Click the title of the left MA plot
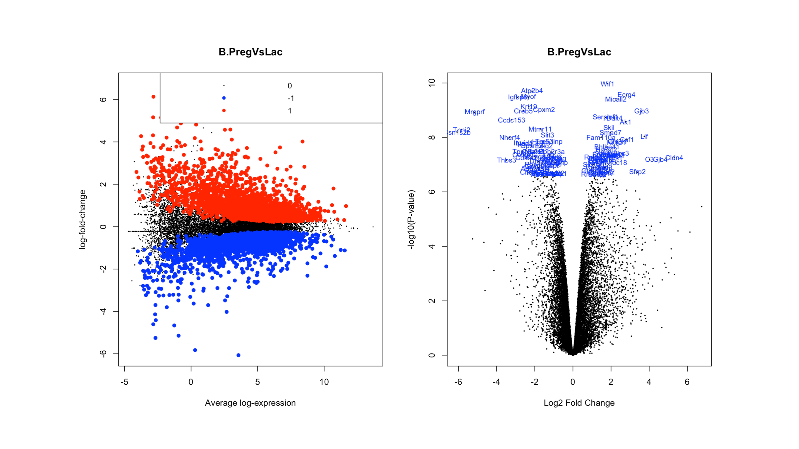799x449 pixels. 250,52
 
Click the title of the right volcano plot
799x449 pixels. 579,52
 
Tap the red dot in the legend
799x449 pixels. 224,111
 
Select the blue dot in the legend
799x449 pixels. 224,98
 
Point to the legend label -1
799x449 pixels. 290,98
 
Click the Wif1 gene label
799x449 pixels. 607,84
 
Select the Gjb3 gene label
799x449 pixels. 641,111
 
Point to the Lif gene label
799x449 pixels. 644,137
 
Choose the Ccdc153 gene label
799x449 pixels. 511,120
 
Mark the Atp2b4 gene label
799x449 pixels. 532,91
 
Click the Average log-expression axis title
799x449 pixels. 250,403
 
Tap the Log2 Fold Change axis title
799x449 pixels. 579,403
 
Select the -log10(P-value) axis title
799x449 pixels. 411,219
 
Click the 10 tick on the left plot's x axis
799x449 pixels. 324,382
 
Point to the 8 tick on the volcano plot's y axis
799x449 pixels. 431,137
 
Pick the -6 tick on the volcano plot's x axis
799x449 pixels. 458,382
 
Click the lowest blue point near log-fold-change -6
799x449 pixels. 238,355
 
